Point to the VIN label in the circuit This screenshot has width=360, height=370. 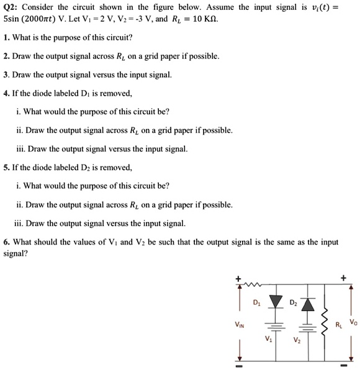(x=239, y=323)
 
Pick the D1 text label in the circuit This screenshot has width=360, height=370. (x=257, y=303)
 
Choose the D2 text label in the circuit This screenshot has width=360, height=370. (x=292, y=303)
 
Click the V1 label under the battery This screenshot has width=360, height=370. (x=268, y=340)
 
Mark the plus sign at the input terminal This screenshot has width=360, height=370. (x=237, y=278)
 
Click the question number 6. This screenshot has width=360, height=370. (x=6, y=241)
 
